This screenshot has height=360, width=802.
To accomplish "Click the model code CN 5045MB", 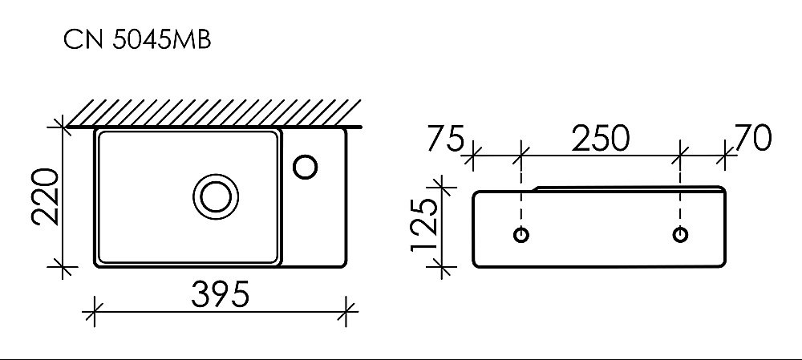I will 137,39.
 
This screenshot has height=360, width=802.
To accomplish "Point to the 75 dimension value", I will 445,138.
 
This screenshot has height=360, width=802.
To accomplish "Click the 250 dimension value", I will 599,138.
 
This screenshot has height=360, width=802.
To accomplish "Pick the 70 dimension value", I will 752,138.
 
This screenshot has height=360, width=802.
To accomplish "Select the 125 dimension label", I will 426,226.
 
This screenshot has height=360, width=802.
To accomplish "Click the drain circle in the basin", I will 215,196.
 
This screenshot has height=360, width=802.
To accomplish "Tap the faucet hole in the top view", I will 306,167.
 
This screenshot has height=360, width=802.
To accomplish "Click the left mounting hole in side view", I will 521,235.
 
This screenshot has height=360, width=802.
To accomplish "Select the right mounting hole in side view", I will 680,235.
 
